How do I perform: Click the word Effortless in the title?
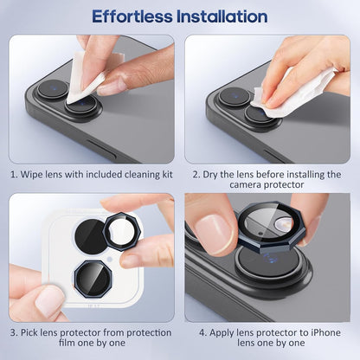[132, 16]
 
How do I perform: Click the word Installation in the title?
[222, 16]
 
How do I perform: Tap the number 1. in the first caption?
[15, 174]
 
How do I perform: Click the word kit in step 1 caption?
[165, 174]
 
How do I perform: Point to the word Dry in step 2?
[215, 174]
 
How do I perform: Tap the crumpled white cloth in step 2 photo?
[294, 87]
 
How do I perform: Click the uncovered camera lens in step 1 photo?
[53, 89]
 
